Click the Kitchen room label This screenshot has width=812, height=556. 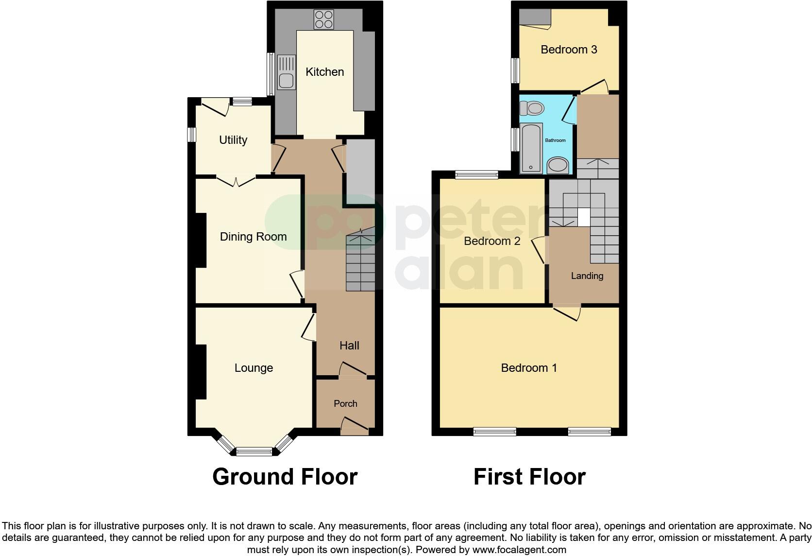click(x=324, y=72)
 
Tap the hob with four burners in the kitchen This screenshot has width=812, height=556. click(x=323, y=19)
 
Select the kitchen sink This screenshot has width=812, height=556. click(x=286, y=72)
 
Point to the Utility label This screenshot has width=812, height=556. click(x=233, y=140)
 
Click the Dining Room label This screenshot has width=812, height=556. click(x=253, y=237)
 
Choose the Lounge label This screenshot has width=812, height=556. click(x=254, y=368)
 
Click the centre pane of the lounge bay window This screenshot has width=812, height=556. click(x=254, y=452)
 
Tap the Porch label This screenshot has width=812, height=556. click(x=345, y=403)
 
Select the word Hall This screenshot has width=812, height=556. click(x=349, y=346)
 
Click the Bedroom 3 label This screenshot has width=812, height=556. click(x=569, y=50)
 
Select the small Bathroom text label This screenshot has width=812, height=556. click(x=555, y=140)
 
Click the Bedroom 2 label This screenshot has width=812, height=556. click(x=492, y=241)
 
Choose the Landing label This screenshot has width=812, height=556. click(x=587, y=276)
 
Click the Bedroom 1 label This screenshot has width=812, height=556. click(x=529, y=368)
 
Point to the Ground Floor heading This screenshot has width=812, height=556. click(x=285, y=477)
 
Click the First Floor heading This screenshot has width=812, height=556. click(x=529, y=477)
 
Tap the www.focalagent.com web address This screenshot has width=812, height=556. click(x=519, y=550)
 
